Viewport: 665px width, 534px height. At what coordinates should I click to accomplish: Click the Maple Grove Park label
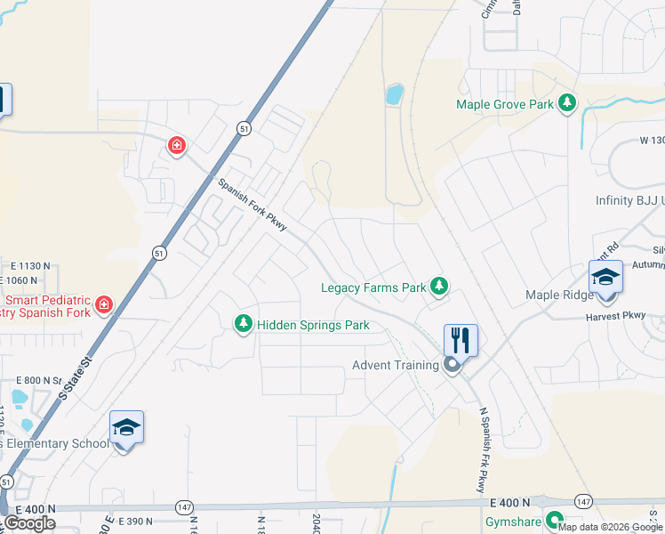(504, 104)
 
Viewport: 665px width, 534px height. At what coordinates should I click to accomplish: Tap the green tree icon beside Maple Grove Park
(565, 104)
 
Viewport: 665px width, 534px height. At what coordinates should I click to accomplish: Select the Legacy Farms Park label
(373, 287)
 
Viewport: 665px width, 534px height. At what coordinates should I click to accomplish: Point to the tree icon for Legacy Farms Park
(438, 286)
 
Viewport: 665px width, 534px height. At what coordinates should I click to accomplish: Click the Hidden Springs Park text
(313, 325)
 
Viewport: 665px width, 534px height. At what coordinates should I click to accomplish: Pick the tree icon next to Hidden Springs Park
(243, 324)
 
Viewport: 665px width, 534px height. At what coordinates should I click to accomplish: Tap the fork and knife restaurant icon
(461, 339)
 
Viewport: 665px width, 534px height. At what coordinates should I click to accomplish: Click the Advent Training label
(396, 365)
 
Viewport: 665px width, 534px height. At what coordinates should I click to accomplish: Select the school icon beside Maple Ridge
(605, 276)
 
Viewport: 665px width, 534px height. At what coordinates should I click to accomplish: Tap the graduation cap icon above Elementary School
(126, 427)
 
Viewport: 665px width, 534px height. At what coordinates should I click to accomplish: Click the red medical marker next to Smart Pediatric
(104, 305)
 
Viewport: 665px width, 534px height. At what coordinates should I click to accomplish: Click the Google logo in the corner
(29, 523)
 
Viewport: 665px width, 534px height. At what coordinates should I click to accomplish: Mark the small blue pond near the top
(394, 93)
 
